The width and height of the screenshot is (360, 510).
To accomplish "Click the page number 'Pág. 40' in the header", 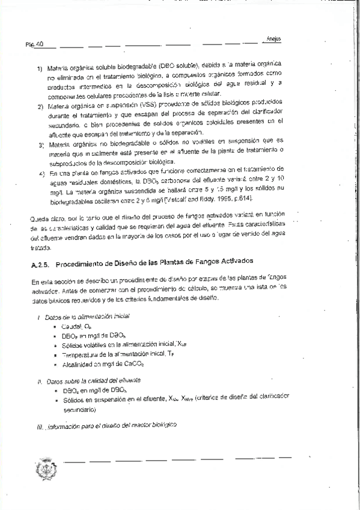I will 34,45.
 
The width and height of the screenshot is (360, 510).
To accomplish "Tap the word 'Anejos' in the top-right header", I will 273,39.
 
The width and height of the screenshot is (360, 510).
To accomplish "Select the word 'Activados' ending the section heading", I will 236,262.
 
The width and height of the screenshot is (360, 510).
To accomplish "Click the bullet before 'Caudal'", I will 54,325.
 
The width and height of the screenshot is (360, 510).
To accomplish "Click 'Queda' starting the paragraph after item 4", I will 38,214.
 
